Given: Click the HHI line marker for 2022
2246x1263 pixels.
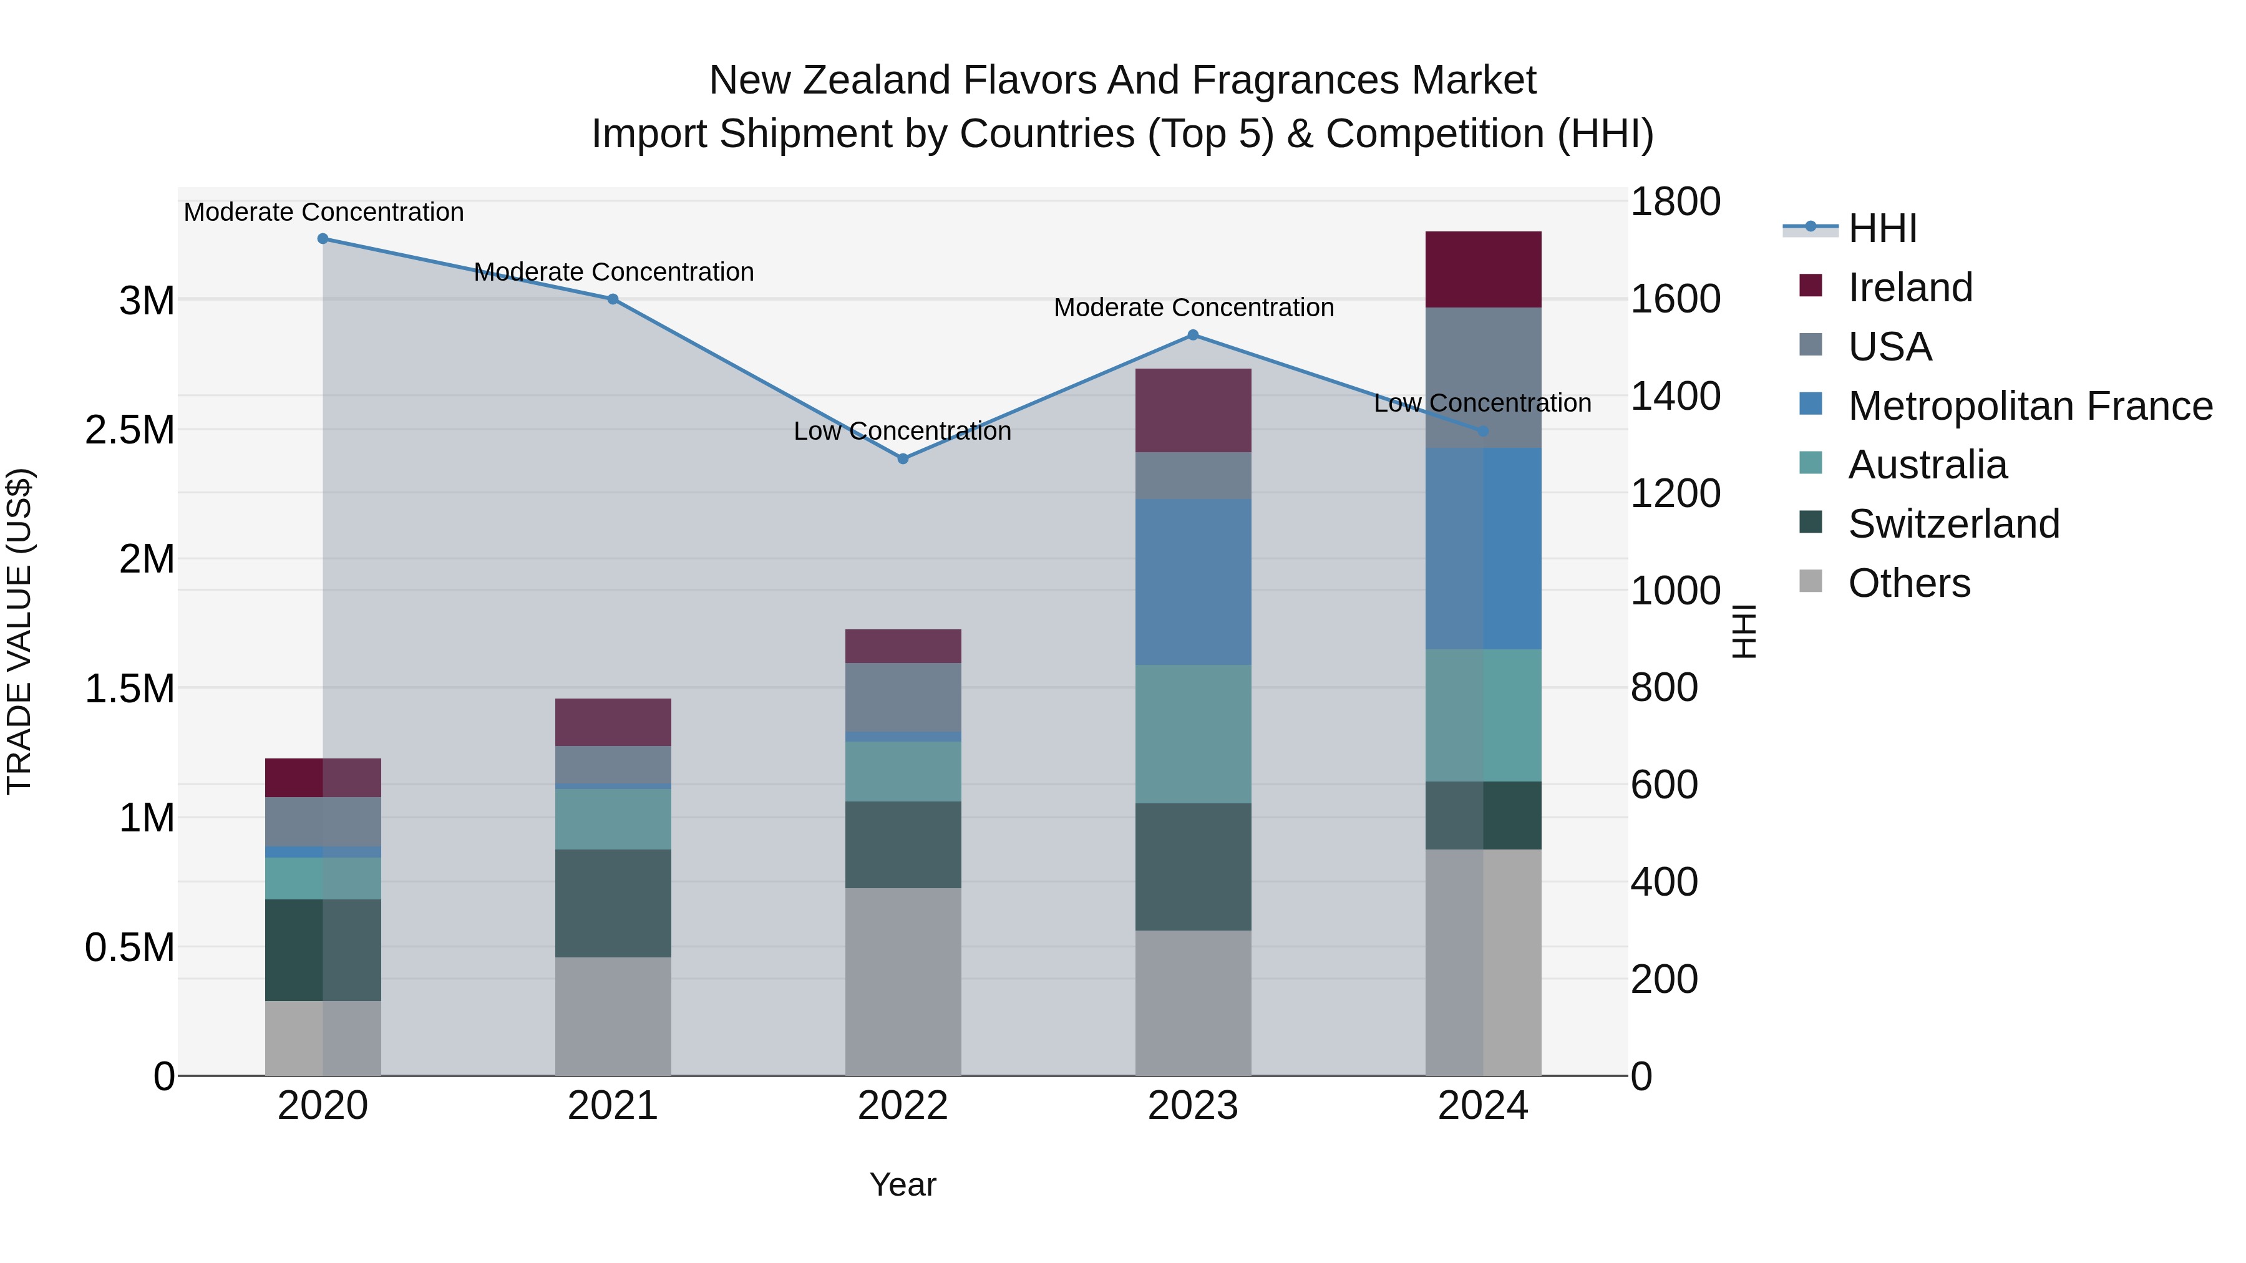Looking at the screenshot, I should pos(903,458).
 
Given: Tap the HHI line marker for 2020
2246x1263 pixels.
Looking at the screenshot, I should pos(323,239).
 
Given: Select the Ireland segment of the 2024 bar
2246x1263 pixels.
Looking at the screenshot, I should pos(1483,269).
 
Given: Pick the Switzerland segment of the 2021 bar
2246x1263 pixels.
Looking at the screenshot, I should pos(613,903).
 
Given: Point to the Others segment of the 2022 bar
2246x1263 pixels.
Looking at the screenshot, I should pos(903,982).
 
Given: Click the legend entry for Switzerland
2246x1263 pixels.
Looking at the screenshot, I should pos(1953,524).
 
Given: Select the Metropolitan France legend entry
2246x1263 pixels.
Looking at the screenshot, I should pos(2030,406).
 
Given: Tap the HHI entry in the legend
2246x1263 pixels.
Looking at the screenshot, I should pos(1882,228).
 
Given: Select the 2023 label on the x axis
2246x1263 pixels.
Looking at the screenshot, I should pos(1193,1106).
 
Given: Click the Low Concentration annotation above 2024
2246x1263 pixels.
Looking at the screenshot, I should pos(1482,404).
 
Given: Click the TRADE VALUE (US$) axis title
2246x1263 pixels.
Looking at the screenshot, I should pos(19,631).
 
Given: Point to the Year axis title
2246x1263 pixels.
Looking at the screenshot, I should pos(902,1184).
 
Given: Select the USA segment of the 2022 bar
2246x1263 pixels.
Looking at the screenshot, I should pos(903,697).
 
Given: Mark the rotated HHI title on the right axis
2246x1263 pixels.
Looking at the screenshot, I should pos(1743,631).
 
